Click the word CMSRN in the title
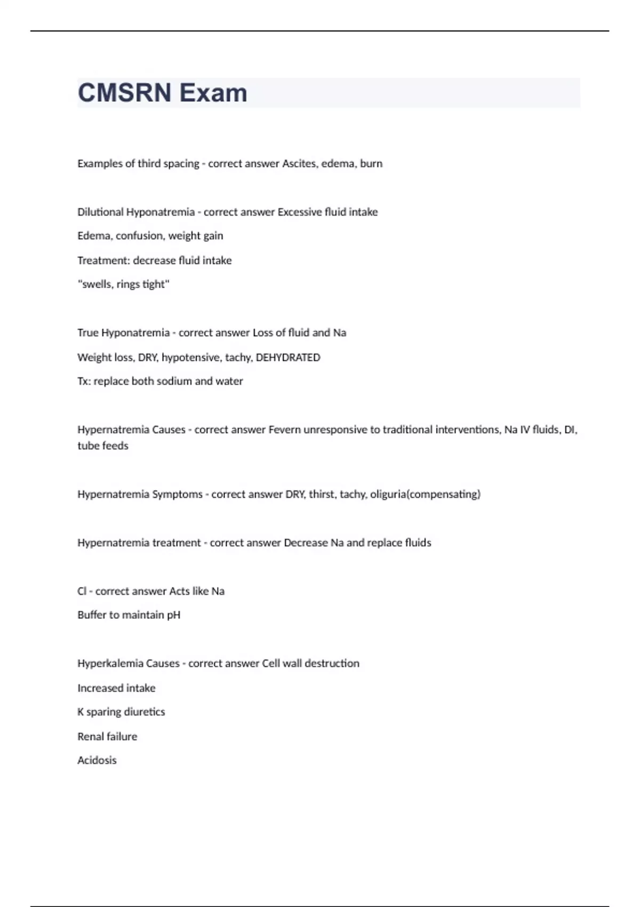(125, 93)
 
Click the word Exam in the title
(213, 93)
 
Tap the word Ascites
(299, 164)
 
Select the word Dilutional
(100, 212)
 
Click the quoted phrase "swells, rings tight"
(123, 284)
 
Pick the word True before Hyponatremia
(88, 333)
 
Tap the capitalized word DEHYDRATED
(288, 357)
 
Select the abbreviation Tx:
(84, 381)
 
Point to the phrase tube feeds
(103, 446)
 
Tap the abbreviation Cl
(82, 591)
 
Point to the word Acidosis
(97, 760)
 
